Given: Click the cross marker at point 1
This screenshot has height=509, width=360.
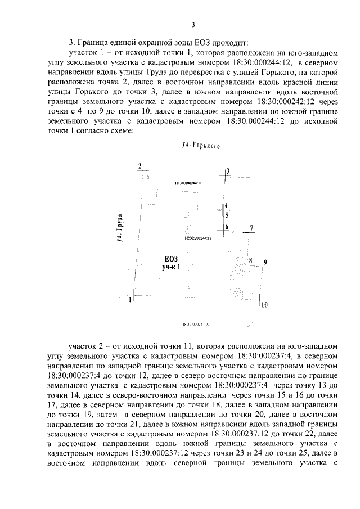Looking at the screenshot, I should [x=134, y=295].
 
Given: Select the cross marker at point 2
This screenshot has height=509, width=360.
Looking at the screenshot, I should [x=145, y=169].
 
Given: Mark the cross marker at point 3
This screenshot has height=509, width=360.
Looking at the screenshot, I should [x=224, y=175].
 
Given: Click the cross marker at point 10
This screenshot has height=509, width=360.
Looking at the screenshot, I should [x=260, y=300].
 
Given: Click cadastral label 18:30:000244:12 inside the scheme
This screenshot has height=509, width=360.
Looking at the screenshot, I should [x=196, y=239].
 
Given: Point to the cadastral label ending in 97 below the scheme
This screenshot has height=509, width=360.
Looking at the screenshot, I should [x=196, y=325].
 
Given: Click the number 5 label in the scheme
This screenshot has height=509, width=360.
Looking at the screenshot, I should [x=227, y=214].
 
